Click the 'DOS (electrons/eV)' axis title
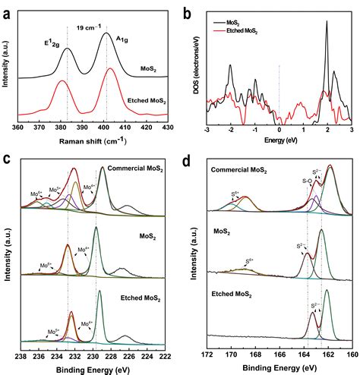coord(192,68)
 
